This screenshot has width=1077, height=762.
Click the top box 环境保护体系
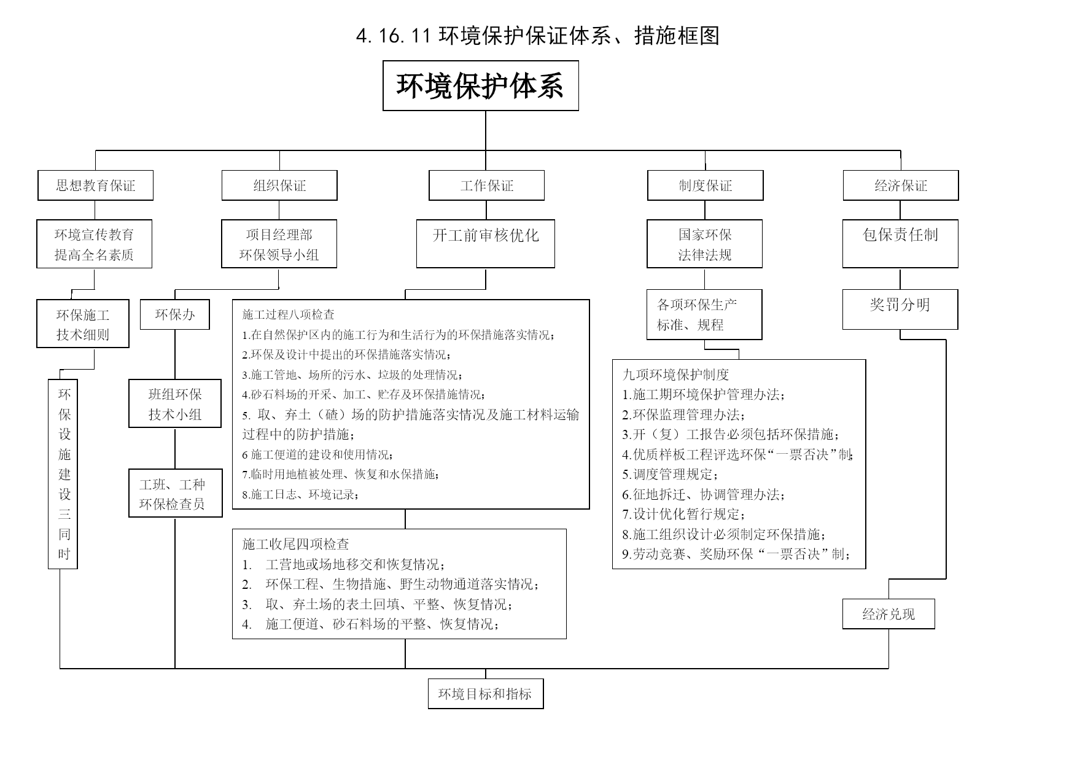(481, 85)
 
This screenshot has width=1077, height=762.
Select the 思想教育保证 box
(95, 185)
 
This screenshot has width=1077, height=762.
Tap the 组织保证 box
(279, 185)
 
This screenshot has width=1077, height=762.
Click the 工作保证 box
(486, 185)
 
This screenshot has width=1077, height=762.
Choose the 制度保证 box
(705, 185)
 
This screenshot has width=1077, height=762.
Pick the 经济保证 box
(901, 185)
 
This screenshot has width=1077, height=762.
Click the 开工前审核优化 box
(486, 244)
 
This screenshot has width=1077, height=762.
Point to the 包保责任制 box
(900, 244)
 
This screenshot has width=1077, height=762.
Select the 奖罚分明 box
(900, 309)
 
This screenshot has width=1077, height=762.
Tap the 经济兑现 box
(888, 614)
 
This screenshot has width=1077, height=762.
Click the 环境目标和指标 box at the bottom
(486, 694)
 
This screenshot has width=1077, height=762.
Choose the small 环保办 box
(175, 314)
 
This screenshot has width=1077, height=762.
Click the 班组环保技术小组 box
(175, 403)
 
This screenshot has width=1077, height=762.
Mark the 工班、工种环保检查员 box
(176, 493)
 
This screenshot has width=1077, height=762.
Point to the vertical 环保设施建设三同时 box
(63, 474)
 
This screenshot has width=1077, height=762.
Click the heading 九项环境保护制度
(675, 375)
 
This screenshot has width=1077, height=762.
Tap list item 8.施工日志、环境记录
(300, 494)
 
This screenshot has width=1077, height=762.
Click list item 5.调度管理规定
(670, 474)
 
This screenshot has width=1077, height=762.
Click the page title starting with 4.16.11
(537, 36)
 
